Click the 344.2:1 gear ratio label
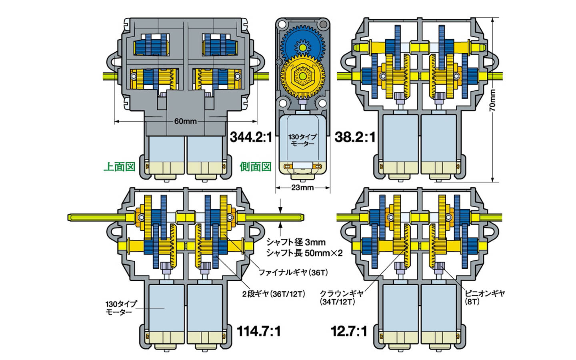pos(251,137)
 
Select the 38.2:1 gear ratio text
pos(355,137)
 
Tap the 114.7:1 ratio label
pos(258,331)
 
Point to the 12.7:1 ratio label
pos(349,331)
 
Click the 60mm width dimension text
pos(186,121)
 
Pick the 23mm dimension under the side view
pos(302,188)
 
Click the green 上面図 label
pos(119,167)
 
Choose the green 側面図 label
pos(256,167)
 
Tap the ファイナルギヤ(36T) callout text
pos(293,272)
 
